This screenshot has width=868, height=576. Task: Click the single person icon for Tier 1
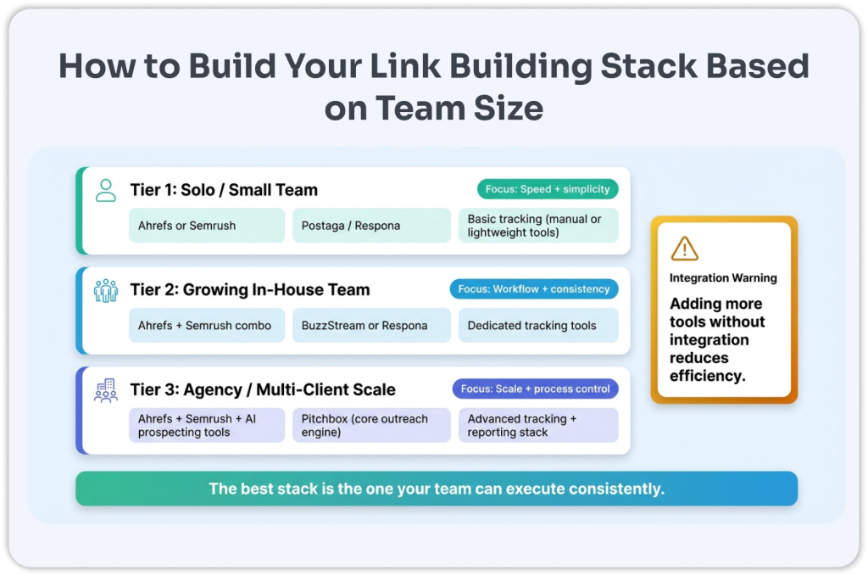[106, 190]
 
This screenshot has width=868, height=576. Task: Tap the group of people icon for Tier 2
[106, 290]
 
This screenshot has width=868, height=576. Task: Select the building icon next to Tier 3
[106, 390]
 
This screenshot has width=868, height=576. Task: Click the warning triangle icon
[684, 248]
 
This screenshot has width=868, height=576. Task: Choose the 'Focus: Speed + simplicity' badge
[547, 189]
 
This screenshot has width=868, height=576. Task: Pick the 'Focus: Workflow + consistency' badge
[534, 289]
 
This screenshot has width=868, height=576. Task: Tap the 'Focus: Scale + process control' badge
[535, 389]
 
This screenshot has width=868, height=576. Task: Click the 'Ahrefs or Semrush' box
[207, 226]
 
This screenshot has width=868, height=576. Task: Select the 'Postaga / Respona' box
[371, 226]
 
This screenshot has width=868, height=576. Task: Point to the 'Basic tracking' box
[538, 226]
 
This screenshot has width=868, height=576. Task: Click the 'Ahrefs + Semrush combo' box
[207, 326]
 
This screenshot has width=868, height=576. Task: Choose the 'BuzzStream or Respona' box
[371, 326]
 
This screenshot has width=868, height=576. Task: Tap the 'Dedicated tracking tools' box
[538, 326]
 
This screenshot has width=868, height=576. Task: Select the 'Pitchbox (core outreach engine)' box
[371, 425]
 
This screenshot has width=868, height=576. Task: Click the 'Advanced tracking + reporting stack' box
[538, 425]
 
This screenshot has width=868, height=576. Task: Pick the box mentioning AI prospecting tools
[207, 425]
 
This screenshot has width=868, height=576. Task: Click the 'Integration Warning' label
[723, 277]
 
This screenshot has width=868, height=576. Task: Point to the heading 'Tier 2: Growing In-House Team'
[250, 290]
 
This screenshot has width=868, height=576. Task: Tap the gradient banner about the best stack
[437, 489]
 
